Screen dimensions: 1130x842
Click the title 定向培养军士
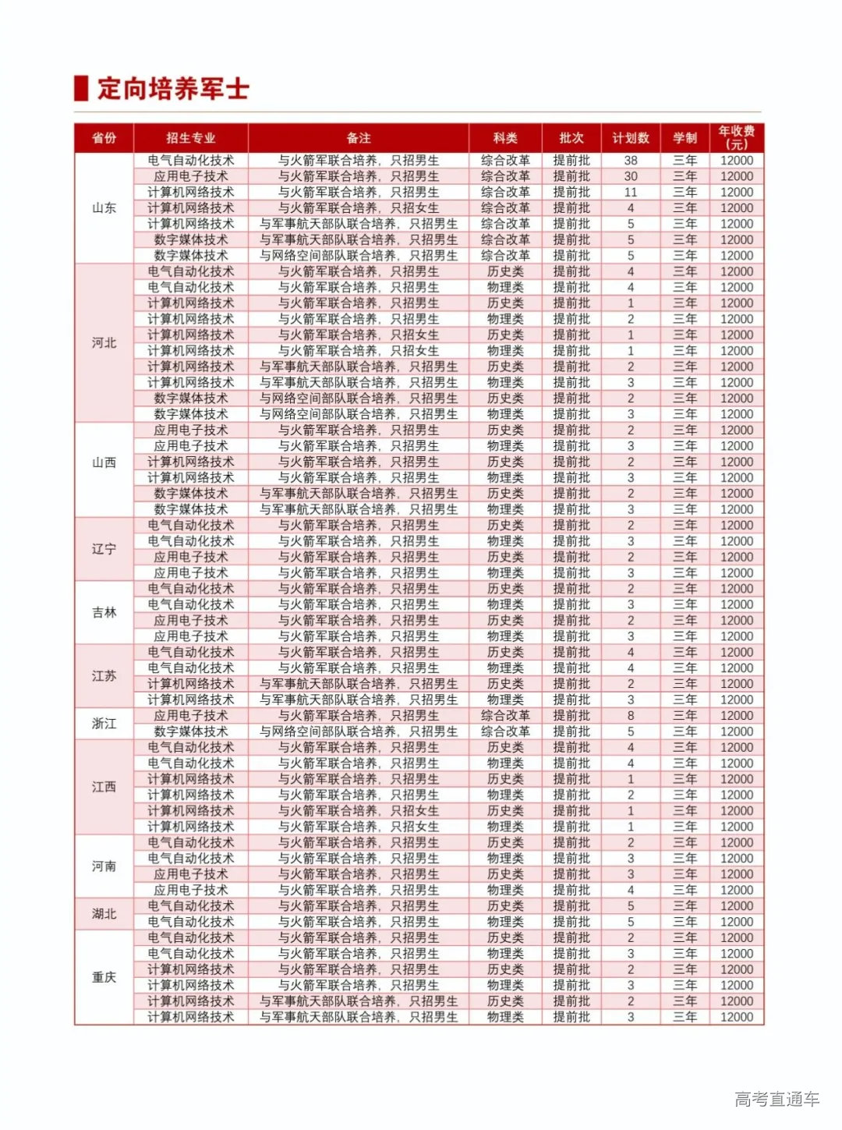coord(173,88)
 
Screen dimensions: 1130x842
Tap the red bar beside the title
coord(80,88)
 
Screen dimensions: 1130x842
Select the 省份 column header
coord(104,138)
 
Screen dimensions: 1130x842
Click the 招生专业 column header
coord(190,138)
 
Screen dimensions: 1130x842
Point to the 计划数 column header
coord(630,138)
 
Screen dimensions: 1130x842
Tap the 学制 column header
coord(685,138)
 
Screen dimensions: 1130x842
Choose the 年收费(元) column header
coord(736,137)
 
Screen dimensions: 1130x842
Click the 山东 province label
coord(104,207)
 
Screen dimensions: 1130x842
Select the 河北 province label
coord(104,342)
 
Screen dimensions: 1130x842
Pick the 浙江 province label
coord(104,723)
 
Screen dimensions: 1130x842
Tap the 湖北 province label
coord(104,913)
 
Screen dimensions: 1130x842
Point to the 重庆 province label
coord(104,977)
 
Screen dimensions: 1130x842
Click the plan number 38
coord(630,161)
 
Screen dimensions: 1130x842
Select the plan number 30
coord(630,176)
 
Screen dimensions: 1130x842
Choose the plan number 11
coord(630,192)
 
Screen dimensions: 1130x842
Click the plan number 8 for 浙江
coord(630,715)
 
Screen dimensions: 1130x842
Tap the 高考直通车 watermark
coord(777,1098)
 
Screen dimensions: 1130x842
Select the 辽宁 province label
coord(104,548)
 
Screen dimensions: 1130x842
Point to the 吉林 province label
coord(104,612)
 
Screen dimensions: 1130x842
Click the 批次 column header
coord(571,138)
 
